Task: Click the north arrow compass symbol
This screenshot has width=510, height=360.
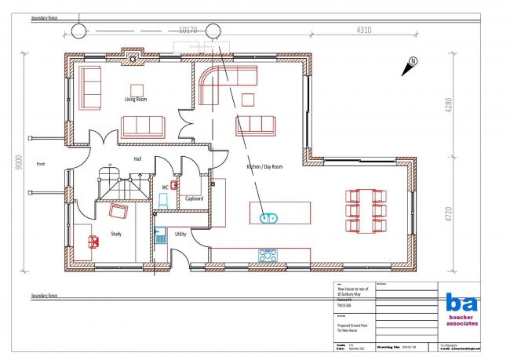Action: point(412,66)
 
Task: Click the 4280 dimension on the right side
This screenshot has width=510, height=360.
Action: point(448,106)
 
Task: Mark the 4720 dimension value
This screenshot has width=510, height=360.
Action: point(448,213)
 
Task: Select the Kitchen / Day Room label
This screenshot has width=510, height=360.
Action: point(264,167)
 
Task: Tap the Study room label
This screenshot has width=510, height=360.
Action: point(115,234)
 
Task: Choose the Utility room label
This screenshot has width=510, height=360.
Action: point(180,234)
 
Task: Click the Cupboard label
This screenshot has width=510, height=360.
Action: point(194,198)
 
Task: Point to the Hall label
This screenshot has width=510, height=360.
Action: point(137,159)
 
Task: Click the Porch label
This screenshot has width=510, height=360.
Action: point(40,164)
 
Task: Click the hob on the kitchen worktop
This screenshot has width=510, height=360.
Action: point(268,254)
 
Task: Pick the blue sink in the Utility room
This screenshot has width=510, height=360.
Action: point(159,234)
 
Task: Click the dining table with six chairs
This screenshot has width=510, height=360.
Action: point(366,210)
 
